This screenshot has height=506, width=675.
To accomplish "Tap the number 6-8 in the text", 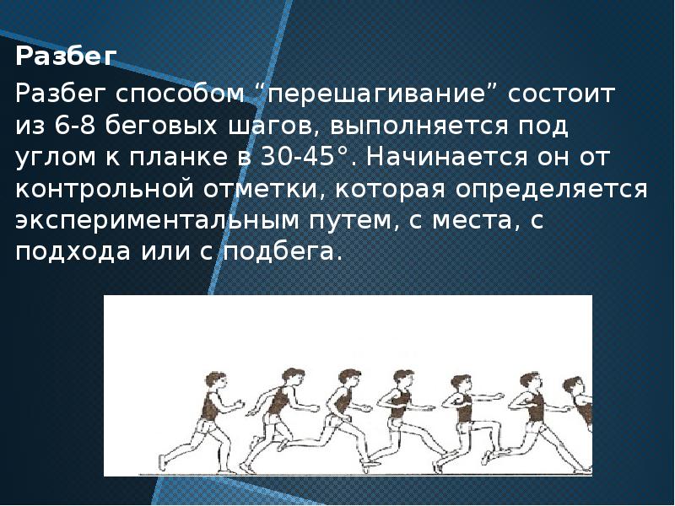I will pyautogui.click(x=76, y=126).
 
